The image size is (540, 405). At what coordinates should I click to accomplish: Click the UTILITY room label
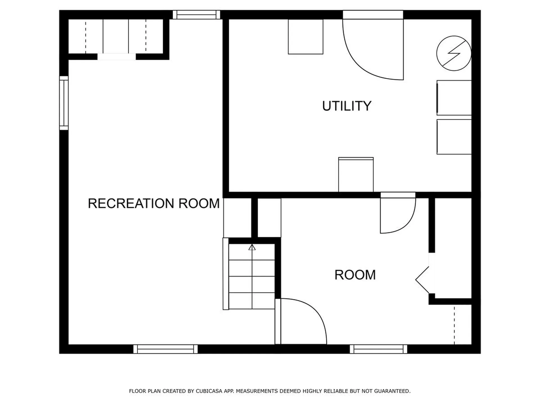coord(346,106)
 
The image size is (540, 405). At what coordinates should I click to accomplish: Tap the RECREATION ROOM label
coord(154,203)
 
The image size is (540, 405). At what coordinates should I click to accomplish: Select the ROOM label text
coord(355,275)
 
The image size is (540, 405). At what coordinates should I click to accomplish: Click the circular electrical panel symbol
coord(454,53)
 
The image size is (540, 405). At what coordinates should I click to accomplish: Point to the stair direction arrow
coord(252,247)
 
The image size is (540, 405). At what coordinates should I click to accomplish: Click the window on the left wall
coord(64,103)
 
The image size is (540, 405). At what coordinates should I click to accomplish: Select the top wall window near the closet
coord(196,15)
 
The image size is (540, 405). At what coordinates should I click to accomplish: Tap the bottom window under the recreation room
coord(165,349)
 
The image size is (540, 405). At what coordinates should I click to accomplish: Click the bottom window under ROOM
coord(379,349)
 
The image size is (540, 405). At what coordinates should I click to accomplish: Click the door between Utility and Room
coord(397,214)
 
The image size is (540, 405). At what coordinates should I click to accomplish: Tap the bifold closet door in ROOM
coord(423,280)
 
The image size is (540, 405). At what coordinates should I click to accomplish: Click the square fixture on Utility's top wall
coord(305,37)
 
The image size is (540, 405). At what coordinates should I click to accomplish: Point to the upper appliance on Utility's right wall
coord(454,98)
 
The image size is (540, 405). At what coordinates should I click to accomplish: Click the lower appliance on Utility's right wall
coord(454,137)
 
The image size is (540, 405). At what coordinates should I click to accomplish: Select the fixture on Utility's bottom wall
coord(356,175)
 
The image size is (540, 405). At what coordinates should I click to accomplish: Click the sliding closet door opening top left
coord(117,57)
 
